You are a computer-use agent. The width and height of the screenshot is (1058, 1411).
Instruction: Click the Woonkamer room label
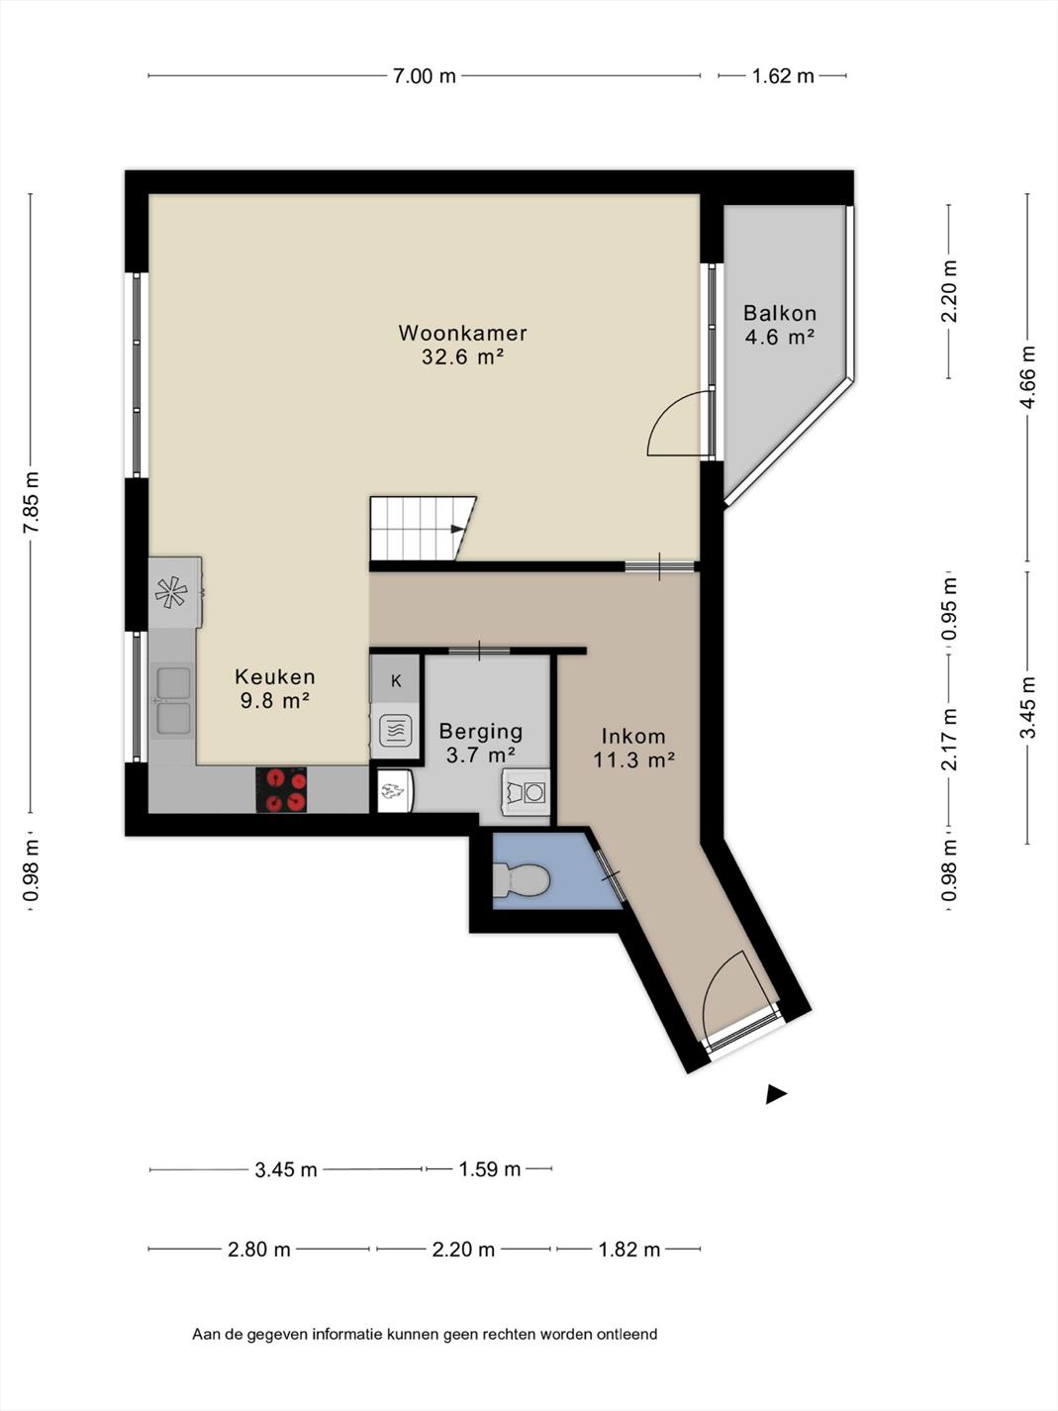point(462,333)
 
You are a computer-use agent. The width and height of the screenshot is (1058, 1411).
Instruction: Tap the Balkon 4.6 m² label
point(780,325)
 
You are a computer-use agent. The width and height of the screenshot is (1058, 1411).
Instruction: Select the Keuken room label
point(275,676)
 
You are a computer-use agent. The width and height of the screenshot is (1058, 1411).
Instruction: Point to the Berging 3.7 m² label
point(480,743)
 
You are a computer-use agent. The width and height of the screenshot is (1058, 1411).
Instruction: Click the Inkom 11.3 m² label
point(633,748)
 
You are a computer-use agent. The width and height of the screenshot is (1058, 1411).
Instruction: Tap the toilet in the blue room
point(521,879)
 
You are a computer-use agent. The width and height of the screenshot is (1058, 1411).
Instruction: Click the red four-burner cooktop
point(281,789)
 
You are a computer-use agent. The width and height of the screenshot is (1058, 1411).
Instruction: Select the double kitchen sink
point(173,701)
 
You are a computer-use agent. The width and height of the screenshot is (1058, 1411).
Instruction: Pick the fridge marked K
point(396,680)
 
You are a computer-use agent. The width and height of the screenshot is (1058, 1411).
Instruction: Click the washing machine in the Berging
point(527,792)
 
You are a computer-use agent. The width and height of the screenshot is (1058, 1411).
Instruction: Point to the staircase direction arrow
point(456,529)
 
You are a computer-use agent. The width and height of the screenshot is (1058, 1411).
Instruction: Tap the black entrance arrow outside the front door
point(776,1093)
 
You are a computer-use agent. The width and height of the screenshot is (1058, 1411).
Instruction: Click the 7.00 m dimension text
point(425,76)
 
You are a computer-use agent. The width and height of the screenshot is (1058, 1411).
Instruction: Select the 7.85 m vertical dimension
point(31,501)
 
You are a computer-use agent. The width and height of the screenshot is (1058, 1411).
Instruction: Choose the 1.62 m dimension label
point(783,76)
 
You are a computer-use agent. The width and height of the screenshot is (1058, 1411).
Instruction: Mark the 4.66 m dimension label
point(1027,376)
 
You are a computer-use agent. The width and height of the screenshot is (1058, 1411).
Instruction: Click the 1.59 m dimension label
point(490,1169)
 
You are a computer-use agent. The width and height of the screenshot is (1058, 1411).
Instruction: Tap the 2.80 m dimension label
point(259,1250)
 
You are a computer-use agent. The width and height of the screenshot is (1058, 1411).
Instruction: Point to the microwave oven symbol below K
point(395,731)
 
